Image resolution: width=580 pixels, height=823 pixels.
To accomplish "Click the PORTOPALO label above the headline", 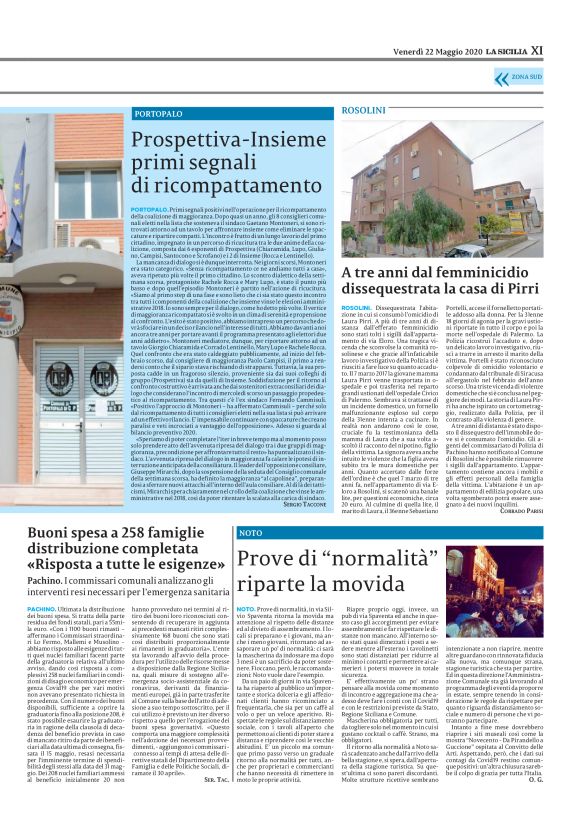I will tap(159, 117).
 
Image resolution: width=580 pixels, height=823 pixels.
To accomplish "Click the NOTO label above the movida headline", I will tap(250, 532).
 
